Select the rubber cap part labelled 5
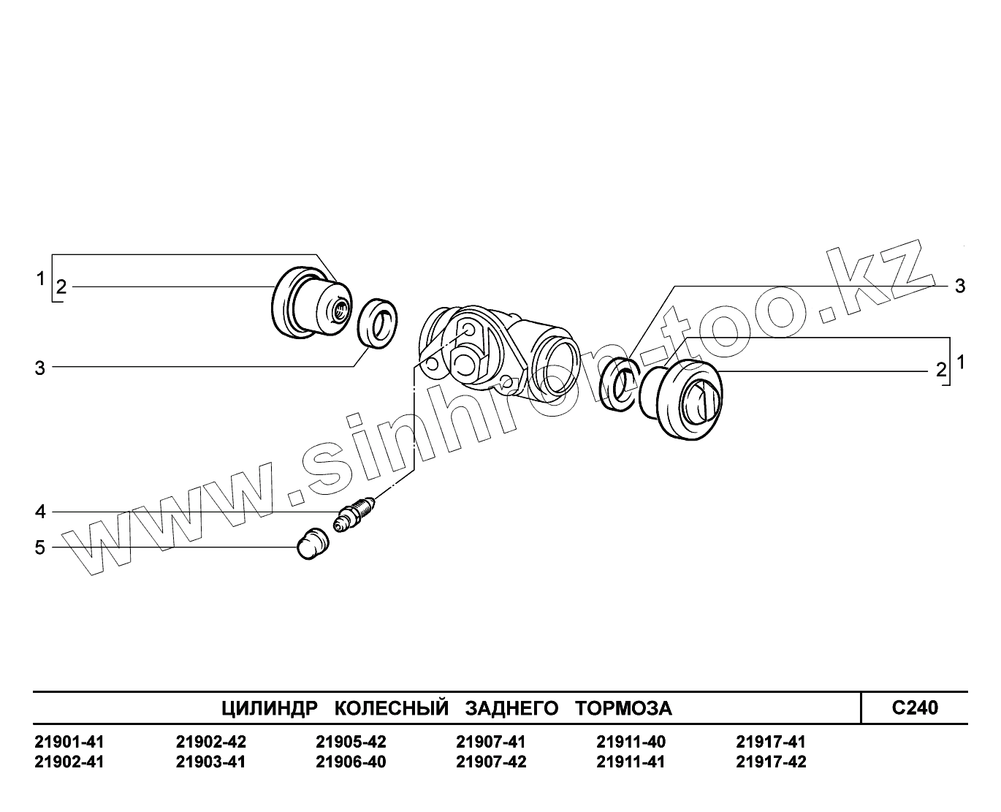(313, 544)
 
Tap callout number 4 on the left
(40, 512)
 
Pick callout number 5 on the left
(40, 547)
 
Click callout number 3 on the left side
(40, 368)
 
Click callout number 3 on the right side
(960, 287)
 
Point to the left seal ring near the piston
(377, 324)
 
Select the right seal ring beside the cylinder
(620, 384)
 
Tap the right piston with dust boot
(682, 399)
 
